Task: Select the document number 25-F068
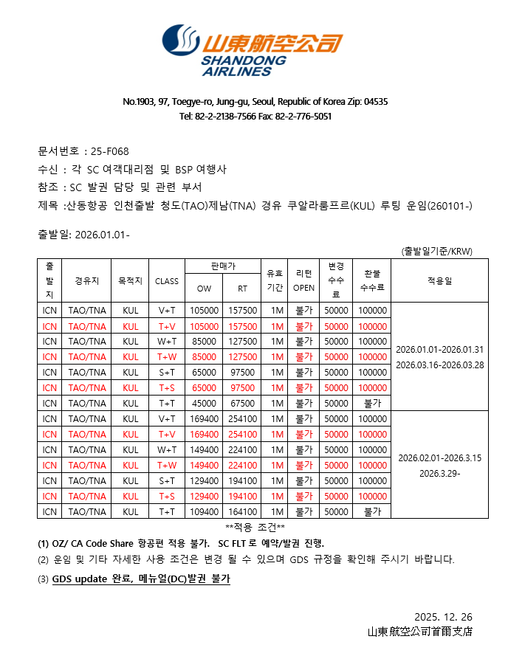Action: pos(110,151)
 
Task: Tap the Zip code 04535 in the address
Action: pos(376,102)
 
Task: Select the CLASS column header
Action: pos(167,280)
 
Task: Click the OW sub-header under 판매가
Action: pos(204,289)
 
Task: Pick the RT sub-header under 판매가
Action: pos(242,289)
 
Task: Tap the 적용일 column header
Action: pos(439,280)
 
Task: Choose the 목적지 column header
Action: pos(130,280)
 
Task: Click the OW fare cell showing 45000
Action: pos(204,403)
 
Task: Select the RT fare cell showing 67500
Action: pos(242,403)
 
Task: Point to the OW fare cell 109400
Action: pos(204,511)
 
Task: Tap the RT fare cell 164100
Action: pos(242,511)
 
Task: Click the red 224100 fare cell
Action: pos(242,465)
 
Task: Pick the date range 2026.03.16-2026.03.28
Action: pos(439,365)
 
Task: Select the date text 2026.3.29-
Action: pos(439,472)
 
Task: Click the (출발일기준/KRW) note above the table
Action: pos(436,251)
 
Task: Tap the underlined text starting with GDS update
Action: pos(141,579)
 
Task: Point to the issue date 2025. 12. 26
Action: pos(443,617)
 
